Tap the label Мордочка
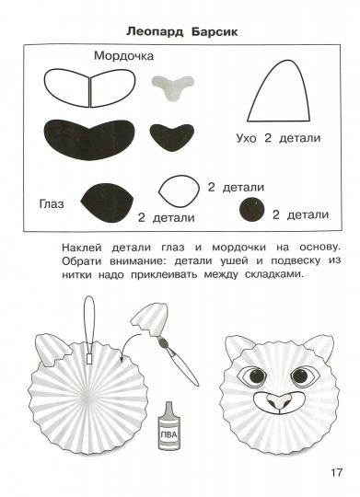pos(122,56)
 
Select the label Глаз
pos(51,202)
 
